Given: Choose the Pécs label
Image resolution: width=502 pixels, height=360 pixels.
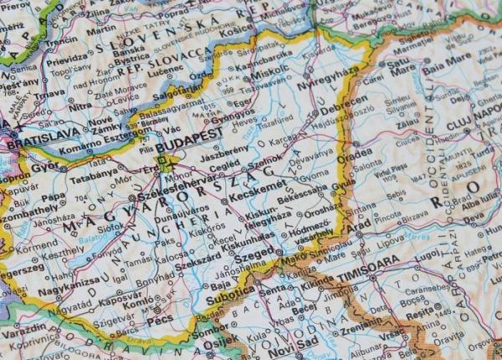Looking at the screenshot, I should click(161, 320).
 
